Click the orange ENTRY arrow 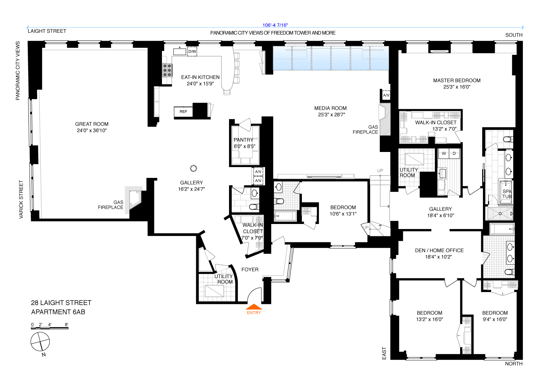pyautogui.click(x=254, y=307)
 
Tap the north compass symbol pyautogui.click(x=40, y=342)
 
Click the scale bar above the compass pyautogui.click(x=49, y=328)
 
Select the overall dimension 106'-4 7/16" pyautogui.click(x=275, y=25)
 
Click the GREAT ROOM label pyautogui.click(x=92, y=124)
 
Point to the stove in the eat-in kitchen pyautogui.click(x=167, y=70)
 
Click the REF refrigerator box pyautogui.click(x=183, y=112)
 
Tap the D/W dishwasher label pyautogui.click(x=192, y=51)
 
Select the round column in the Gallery pyautogui.click(x=193, y=168)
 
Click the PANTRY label pyautogui.click(x=243, y=140)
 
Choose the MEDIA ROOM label pyautogui.click(x=330, y=108)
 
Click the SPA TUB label pyautogui.click(x=507, y=194)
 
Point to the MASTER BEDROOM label pyautogui.click(x=457, y=80)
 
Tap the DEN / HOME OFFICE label pyautogui.click(x=439, y=250)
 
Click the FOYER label pyautogui.click(x=250, y=269)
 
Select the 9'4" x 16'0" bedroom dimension pyautogui.click(x=495, y=319)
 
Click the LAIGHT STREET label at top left pyautogui.click(x=47, y=31)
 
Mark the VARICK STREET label pyautogui.click(x=21, y=199)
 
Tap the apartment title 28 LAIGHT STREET pyautogui.click(x=61, y=303)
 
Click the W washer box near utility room pyautogui.click(x=444, y=153)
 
